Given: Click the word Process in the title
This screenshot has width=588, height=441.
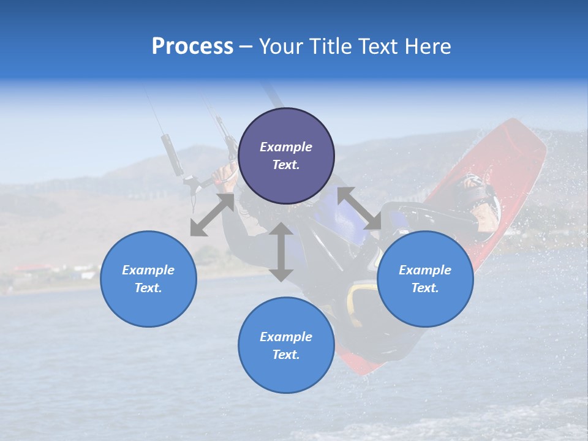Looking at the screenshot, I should pyautogui.click(x=192, y=47).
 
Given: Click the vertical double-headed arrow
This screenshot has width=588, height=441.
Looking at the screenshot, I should pyautogui.click(x=281, y=252).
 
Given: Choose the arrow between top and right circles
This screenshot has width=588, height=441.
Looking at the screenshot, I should pyautogui.click(x=360, y=208).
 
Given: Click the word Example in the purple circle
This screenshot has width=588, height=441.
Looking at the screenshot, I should pyautogui.click(x=286, y=147).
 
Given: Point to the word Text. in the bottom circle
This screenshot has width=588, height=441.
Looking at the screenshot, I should pyautogui.click(x=286, y=355).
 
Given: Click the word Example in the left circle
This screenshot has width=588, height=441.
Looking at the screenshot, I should pyautogui.click(x=148, y=270).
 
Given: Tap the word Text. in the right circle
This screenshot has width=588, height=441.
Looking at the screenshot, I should pyautogui.click(x=425, y=288).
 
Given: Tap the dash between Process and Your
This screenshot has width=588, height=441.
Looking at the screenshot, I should pyautogui.click(x=246, y=47).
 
